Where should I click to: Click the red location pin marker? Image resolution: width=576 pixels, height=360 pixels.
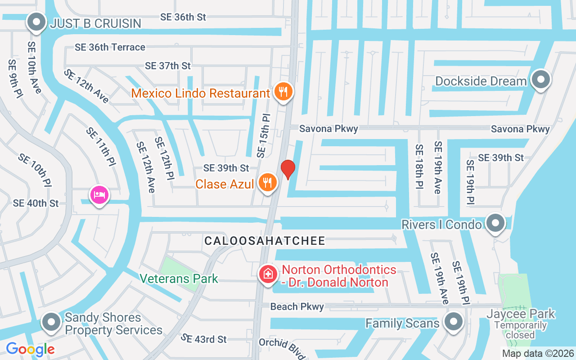tap(288, 169)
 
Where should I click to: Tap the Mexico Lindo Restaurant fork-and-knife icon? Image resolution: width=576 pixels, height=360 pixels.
tap(283, 92)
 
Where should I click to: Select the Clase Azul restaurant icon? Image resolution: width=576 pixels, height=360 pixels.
tap(268, 182)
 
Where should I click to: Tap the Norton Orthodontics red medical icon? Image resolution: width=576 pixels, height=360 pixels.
tap(268, 274)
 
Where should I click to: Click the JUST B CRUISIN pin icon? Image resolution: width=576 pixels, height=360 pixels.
tap(36, 21)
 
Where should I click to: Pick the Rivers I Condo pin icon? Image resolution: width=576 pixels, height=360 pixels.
tap(495, 222)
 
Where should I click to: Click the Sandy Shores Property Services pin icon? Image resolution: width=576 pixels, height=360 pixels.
tap(51, 322)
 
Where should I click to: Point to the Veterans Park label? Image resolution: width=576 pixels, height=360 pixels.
tap(179, 279)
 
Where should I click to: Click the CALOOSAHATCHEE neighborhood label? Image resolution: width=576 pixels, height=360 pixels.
tap(265, 241)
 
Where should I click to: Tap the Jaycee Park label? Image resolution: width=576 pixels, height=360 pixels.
tap(521, 314)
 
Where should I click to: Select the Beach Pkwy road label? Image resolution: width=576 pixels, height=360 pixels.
tap(297, 306)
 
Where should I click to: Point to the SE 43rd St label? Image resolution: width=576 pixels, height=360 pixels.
tap(204, 338)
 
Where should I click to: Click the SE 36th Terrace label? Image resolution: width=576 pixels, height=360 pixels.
tap(110, 47)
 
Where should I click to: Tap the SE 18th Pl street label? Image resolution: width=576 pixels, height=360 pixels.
tap(419, 166)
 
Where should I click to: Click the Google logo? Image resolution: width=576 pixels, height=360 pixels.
tap(30, 349)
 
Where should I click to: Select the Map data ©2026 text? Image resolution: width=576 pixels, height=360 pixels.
tap(538, 354)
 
